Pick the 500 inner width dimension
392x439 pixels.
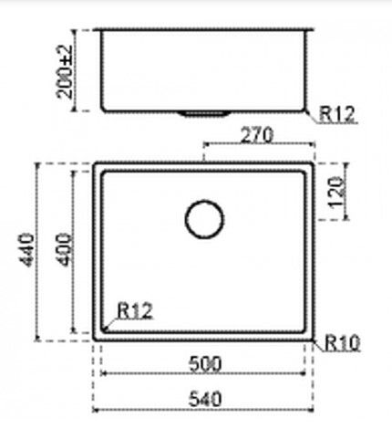click(x=206, y=363)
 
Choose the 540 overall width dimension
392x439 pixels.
click(x=206, y=398)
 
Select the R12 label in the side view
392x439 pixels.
click(x=336, y=114)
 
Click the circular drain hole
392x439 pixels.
click(x=204, y=219)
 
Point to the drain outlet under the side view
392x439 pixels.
click(x=205, y=113)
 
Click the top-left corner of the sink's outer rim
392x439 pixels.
click(x=95, y=166)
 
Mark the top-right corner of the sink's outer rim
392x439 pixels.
click(x=315, y=166)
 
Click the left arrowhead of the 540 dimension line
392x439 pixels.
click(x=97, y=409)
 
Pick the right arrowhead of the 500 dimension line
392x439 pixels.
click(x=304, y=374)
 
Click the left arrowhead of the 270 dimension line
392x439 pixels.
click(x=204, y=145)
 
